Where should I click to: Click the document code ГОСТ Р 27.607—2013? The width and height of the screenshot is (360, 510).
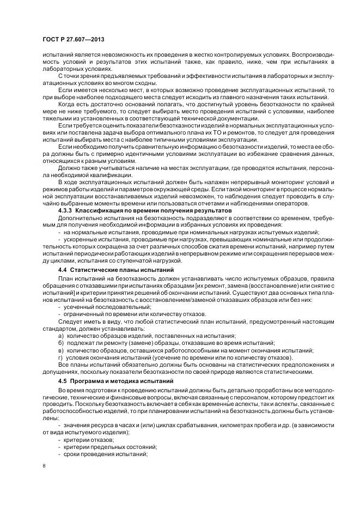73,40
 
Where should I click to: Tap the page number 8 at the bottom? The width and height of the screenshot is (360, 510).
44,466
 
